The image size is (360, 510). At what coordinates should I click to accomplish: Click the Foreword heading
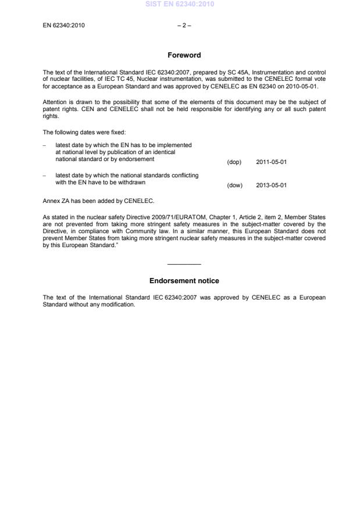184,55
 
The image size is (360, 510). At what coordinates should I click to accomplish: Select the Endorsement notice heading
184,281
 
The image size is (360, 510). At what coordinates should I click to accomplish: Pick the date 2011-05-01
271,162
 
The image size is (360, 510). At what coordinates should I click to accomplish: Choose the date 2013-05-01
271,186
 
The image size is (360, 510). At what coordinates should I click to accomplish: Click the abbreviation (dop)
234,162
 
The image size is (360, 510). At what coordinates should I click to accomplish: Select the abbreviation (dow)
234,186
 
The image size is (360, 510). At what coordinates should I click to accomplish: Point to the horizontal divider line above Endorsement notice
184,265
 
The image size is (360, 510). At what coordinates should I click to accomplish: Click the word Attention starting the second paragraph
55,102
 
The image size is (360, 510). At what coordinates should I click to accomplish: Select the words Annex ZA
56,201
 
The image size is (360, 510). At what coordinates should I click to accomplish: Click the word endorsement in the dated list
137,159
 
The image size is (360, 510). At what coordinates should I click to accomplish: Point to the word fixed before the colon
109,132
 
